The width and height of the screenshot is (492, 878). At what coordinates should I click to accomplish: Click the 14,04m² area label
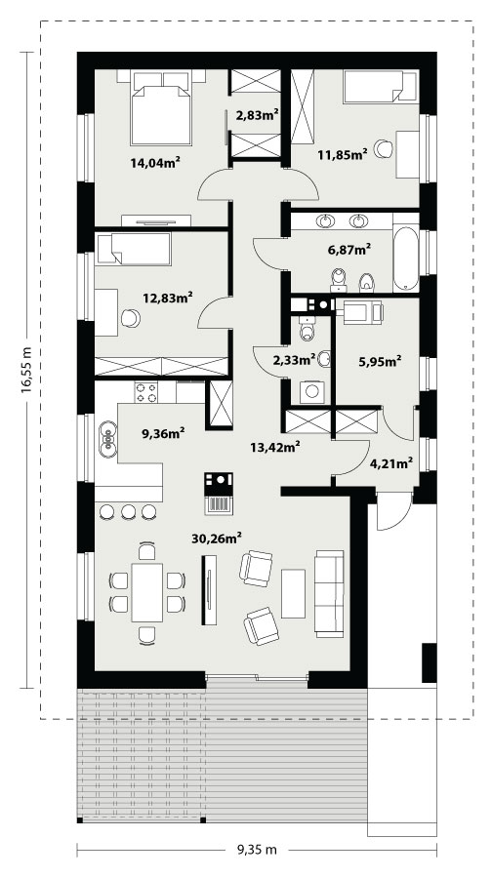(x=155, y=162)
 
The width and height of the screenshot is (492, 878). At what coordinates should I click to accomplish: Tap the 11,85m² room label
(x=343, y=153)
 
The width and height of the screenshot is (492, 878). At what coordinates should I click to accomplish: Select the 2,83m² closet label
(x=258, y=115)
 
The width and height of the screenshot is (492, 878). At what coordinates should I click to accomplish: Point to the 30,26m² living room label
(x=217, y=539)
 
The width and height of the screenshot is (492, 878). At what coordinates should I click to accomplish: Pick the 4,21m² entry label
(x=392, y=463)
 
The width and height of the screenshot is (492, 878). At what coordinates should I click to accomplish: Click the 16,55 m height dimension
(x=26, y=370)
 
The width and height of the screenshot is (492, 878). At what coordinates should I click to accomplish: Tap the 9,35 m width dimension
(x=257, y=850)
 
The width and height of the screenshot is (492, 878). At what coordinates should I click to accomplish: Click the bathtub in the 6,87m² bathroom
(x=406, y=259)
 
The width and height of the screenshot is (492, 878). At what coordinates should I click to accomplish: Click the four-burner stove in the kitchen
(x=146, y=391)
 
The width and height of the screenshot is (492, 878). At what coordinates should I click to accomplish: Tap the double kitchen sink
(x=107, y=437)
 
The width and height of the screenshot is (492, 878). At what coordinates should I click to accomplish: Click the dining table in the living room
(x=147, y=592)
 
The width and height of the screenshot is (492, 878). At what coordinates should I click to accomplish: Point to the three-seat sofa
(x=329, y=593)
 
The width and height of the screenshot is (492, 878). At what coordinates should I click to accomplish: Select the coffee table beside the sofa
(x=293, y=593)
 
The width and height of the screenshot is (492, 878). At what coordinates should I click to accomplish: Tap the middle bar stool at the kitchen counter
(x=128, y=511)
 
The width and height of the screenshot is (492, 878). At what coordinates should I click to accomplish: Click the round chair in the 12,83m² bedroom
(x=131, y=318)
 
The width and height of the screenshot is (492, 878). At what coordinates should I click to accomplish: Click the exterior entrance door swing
(x=394, y=511)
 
